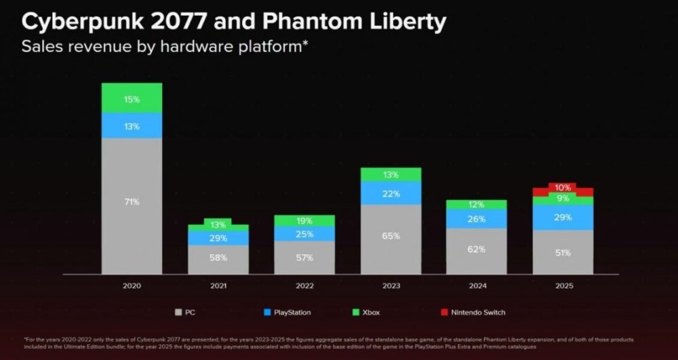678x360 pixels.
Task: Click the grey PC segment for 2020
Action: (x=132, y=206)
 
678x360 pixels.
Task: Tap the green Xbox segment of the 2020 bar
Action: (x=132, y=98)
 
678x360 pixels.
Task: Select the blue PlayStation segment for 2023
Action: (x=391, y=193)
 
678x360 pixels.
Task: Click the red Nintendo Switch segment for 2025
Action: (x=563, y=188)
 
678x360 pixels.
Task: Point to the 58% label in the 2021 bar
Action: (x=218, y=258)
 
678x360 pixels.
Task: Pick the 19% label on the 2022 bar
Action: (x=304, y=221)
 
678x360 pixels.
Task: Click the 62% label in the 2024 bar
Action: (x=477, y=249)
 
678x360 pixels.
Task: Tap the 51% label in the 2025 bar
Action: (x=563, y=253)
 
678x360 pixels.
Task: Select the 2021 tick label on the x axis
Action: (x=218, y=285)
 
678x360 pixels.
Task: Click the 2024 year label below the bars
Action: (x=477, y=285)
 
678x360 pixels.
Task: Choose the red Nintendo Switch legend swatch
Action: (x=444, y=312)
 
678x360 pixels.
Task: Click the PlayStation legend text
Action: (x=292, y=312)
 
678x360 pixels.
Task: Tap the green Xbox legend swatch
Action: (x=356, y=312)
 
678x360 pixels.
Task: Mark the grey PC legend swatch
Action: (x=178, y=312)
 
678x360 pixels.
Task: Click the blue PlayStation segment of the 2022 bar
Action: (x=304, y=234)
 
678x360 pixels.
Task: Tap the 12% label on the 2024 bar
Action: (x=476, y=205)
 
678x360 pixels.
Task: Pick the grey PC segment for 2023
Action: (x=391, y=239)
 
